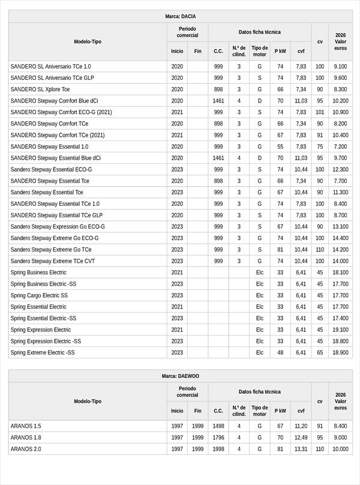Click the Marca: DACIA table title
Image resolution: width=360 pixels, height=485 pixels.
[x=180, y=16]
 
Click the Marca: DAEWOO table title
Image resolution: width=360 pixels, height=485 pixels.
[x=180, y=376]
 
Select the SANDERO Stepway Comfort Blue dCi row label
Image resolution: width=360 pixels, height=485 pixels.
[x=54, y=101]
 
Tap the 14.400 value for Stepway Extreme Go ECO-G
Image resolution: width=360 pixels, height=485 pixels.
[x=340, y=238]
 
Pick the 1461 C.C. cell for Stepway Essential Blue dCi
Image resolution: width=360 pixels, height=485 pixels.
[x=218, y=158]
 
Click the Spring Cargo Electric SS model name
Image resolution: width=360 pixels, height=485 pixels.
[x=39, y=295]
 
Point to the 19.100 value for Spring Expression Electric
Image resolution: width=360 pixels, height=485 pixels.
[x=340, y=330]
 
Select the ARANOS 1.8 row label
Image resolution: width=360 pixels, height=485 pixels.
[x=26, y=438]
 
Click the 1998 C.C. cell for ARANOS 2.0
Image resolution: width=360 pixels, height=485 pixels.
[x=218, y=449]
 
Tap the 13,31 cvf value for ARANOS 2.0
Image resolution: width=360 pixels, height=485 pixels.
[x=301, y=449]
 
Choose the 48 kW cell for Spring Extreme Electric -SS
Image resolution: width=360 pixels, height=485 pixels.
[x=280, y=352]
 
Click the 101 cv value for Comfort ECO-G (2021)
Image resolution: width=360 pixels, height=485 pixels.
[x=320, y=112]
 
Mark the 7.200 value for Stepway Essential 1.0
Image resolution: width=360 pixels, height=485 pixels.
[x=340, y=146]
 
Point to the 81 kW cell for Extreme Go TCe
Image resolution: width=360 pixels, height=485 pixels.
[x=280, y=250]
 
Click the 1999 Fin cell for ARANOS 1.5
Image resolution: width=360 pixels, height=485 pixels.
[x=197, y=426]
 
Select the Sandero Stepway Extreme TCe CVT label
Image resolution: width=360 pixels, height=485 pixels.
[x=53, y=261]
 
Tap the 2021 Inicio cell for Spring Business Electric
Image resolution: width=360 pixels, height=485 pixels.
[x=177, y=273]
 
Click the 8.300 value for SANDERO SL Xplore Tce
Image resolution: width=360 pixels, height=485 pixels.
[x=340, y=89]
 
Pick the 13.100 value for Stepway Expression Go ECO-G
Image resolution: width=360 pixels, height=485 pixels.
[x=340, y=227]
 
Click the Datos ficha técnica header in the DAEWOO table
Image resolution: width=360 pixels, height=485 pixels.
[x=259, y=391]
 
